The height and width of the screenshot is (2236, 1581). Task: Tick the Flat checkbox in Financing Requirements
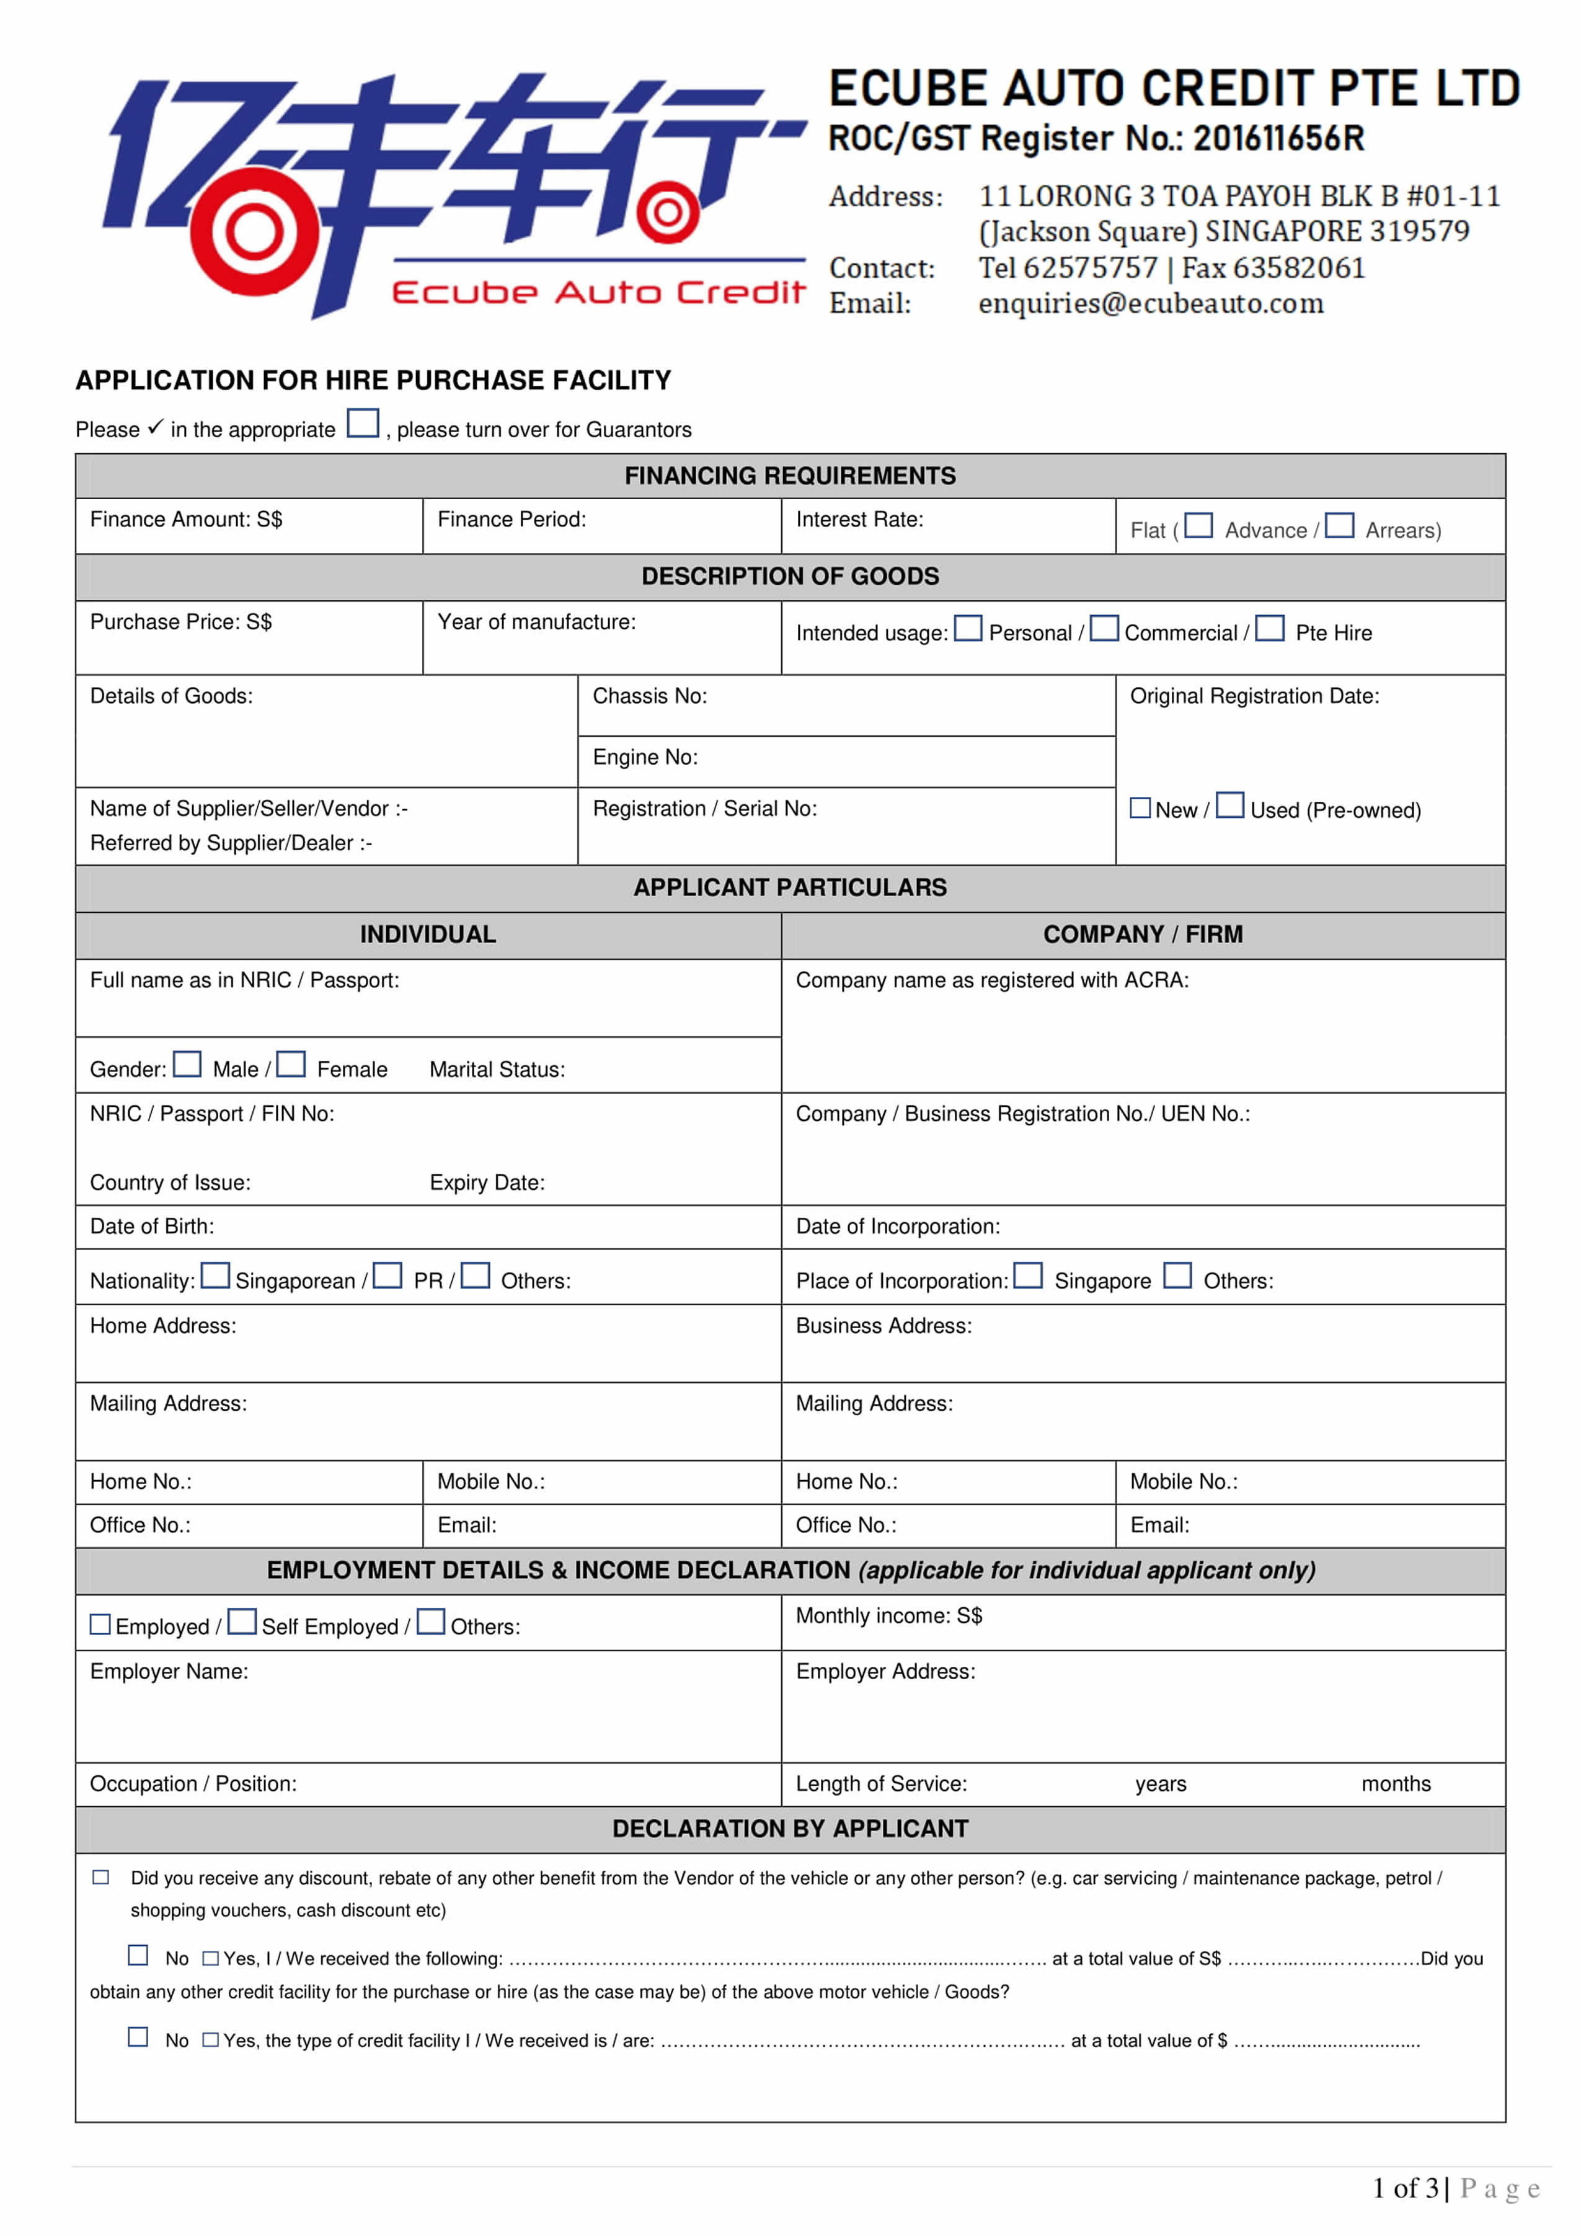tap(1198, 526)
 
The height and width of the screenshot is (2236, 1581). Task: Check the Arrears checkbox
tap(1340, 526)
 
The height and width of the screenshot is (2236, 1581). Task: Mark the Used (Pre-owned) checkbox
tap(1229, 805)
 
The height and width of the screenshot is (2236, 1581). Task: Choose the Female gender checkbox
tap(290, 1065)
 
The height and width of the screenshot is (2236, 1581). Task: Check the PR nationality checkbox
tap(387, 1275)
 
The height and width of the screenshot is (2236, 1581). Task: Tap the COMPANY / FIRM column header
tap(1142, 935)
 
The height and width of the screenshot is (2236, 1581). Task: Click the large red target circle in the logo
tap(254, 232)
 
